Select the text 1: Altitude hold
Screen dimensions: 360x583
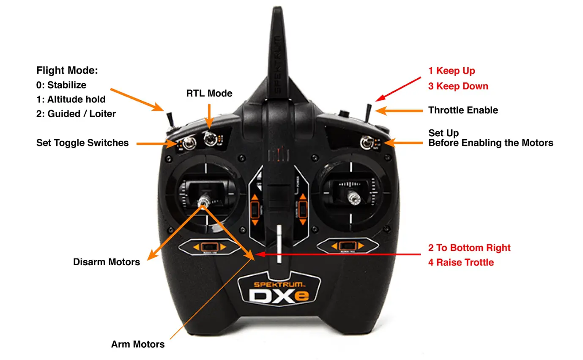pos(71,99)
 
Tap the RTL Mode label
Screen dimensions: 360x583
pos(209,93)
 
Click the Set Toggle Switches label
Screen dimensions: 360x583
pos(82,143)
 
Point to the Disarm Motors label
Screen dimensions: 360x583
pos(107,262)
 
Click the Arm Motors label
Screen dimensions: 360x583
pos(138,344)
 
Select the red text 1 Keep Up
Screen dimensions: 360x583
pos(452,71)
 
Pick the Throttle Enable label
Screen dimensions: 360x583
pos(463,110)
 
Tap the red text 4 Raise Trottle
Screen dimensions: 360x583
pos(461,262)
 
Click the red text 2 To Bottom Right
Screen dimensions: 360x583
pos(469,247)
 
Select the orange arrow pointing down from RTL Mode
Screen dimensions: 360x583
pos(209,116)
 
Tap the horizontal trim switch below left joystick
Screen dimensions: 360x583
pos(207,247)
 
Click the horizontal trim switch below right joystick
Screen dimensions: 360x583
pos(347,246)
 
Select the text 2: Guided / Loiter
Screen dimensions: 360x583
pos(76,114)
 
